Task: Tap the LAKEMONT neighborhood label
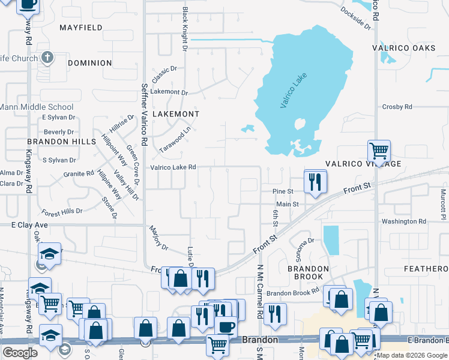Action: (175, 113)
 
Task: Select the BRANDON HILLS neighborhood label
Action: (61, 142)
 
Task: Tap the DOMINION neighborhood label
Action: (90, 63)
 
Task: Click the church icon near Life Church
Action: (47, 58)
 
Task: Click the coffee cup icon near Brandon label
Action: (226, 326)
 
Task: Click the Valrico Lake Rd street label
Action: (173, 167)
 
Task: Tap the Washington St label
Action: (403, 221)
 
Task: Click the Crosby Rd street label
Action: (397, 107)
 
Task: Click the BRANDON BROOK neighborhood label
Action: (308, 273)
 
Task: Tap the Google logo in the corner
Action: (20, 353)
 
